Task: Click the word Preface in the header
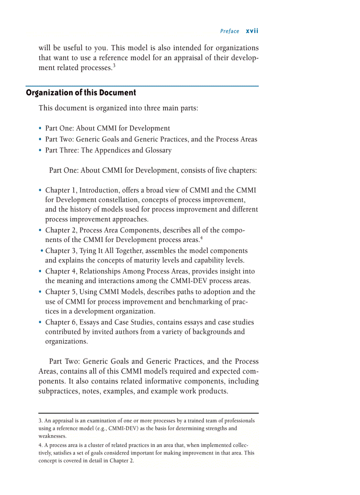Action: point(229,31)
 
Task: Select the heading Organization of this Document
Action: point(81,93)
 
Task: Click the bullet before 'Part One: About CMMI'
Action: point(41,129)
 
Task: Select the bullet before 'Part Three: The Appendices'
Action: point(41,151)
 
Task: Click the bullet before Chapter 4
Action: point(41,272)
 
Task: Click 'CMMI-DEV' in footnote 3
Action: point(114,428)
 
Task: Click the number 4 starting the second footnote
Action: point(40,445)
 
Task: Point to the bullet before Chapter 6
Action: point(41,323)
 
